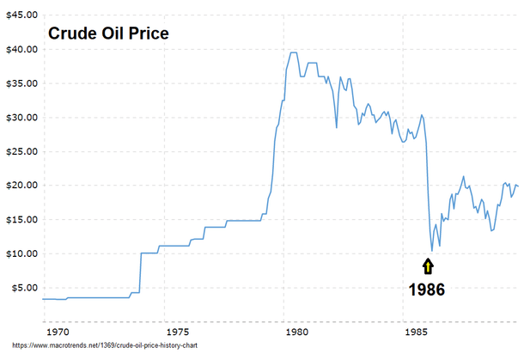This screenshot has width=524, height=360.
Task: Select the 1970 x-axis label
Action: (58, 330)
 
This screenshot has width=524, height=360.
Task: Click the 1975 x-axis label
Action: (178, 330)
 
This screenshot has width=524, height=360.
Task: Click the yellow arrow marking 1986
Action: (428, 267)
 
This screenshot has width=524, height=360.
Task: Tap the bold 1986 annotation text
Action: (427, 290)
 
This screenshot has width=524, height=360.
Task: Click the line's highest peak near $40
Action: (293, 52)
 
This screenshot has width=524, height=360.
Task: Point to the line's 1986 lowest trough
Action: (432, 250)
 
